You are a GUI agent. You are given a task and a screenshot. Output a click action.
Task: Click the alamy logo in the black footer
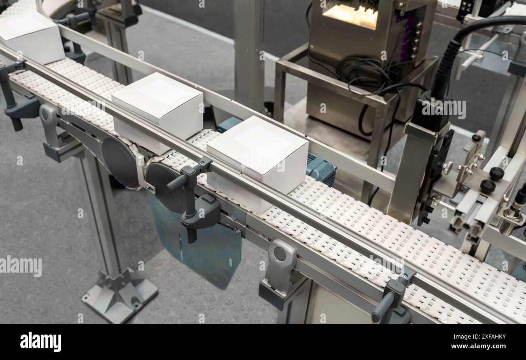tap(40, 341)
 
